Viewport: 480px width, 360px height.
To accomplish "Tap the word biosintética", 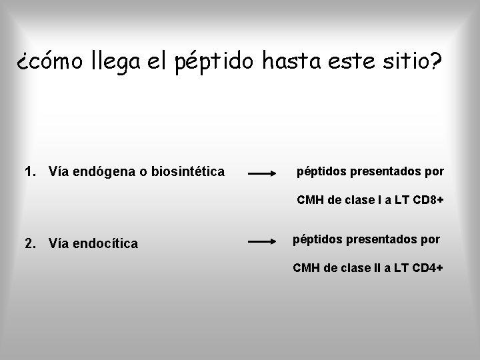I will pos(189,173).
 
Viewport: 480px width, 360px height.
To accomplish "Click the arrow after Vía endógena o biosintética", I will pos(263,173).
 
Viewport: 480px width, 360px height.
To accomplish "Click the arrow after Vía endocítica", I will pos(263,241).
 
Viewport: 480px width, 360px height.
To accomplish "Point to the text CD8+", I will pos(428,199).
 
